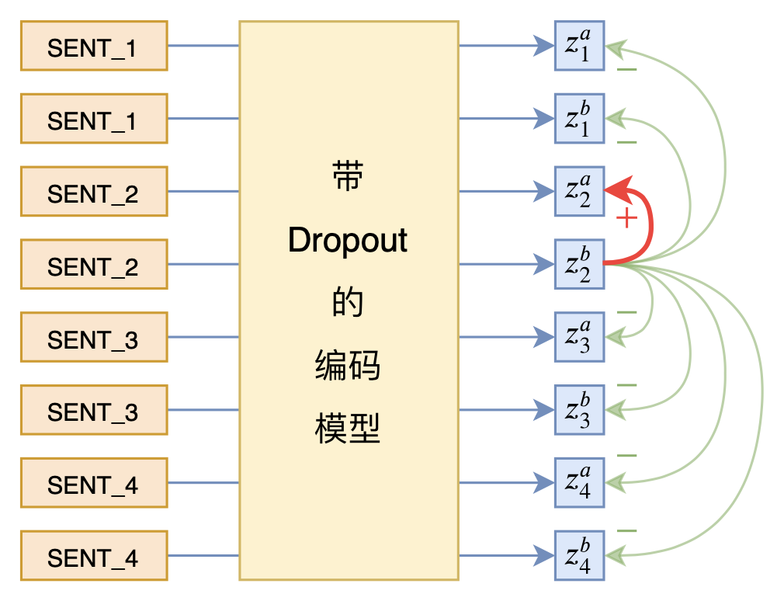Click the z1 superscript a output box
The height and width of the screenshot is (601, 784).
click(579, 46)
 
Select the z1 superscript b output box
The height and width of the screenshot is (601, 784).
click(579, 119)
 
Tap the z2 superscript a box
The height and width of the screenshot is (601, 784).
click(579, 191)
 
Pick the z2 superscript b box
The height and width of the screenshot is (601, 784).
click(579, 264)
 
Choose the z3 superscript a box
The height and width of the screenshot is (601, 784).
click(579, 337)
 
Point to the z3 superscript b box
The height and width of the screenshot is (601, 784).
click(579, 410)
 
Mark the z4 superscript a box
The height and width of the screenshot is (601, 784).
click(579, 482)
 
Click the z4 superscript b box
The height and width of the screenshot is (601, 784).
click(579, 555)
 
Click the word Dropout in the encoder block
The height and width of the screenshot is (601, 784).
click(348, 241)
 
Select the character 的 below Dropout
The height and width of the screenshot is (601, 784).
click(348, 303)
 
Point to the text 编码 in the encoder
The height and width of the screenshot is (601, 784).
click(348, 365)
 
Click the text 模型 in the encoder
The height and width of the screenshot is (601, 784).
click(348, 428)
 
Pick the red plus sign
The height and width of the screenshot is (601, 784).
click(626, 219)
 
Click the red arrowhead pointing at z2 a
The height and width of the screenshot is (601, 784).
click(613, 189)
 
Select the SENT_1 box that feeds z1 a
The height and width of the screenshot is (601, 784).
click(94, 46)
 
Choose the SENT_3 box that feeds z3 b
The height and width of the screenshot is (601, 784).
click(94, 410)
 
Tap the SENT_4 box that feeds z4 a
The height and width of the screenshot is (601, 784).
click(94, 482)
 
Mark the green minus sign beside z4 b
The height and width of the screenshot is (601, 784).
click(626, 531)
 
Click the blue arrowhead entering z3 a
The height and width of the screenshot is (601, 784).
click(544, 337)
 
